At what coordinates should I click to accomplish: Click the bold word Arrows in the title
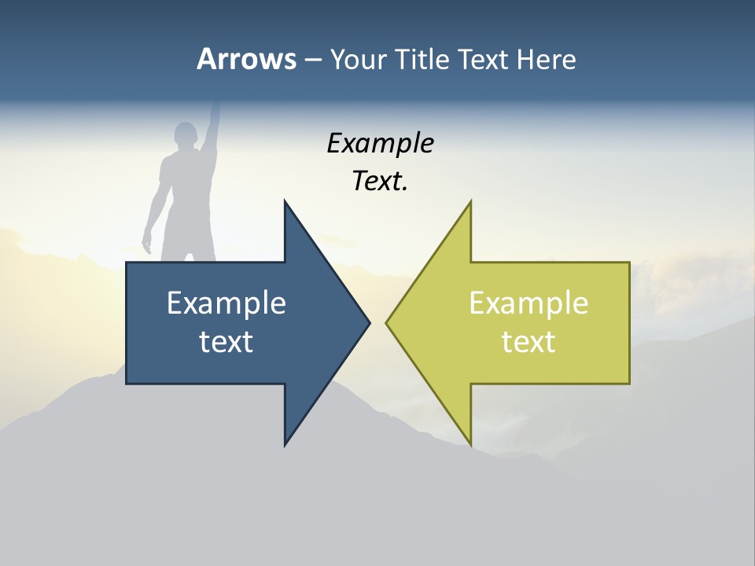pyautogui.click(x=246, y=59)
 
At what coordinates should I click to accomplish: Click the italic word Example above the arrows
pyautogui.click(x=380, y=144)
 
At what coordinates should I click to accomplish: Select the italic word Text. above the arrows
pyautogui.click(x=380, y=182)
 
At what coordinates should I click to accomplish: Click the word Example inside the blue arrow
pyautogui.click(x=226, y=303)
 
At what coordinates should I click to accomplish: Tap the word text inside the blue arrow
pyautogui.click(x=226, y=342)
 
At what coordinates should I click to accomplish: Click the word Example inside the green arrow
pyautogui.click(x=528, y=303)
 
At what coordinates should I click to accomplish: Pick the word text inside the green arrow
pyautogui.click(x=528, y=342)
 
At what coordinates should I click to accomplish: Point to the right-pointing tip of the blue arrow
pyautogui.click(x=369, y=322)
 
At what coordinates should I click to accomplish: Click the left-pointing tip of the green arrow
pyautogui.click(x=387, y=322)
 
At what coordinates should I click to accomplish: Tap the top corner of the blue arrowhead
pyautogui.click(x=285, y=201)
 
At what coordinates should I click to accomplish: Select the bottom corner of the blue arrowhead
pyautogui.click(x=285, y=445)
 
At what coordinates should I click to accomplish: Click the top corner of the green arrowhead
pyautogui.click(x=470, y=201)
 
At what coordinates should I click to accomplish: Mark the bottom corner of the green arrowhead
pyautogui.click(x=470, y=445)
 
